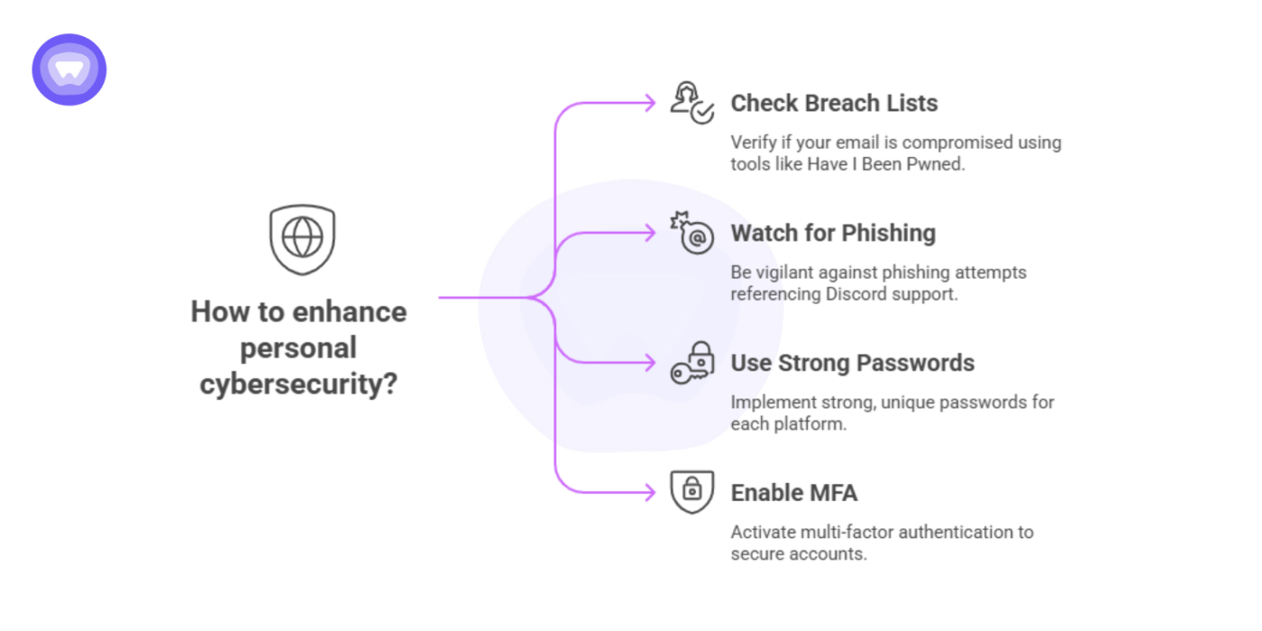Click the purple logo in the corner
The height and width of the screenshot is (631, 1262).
pos(69,69)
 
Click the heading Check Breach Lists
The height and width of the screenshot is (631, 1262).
pos(834,104)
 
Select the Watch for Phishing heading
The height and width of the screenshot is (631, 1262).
pos(833,233)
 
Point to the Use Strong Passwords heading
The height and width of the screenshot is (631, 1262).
pos(852,363)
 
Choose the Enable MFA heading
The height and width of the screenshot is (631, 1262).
pos(793,493)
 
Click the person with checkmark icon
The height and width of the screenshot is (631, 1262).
pos(691,103)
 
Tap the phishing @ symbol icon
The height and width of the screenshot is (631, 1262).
pos(691,233)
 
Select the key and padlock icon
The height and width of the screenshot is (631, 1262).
pos(691,362)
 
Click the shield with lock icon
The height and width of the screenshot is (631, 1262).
pos(691,492)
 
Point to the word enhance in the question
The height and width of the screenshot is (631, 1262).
pos(353,313)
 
